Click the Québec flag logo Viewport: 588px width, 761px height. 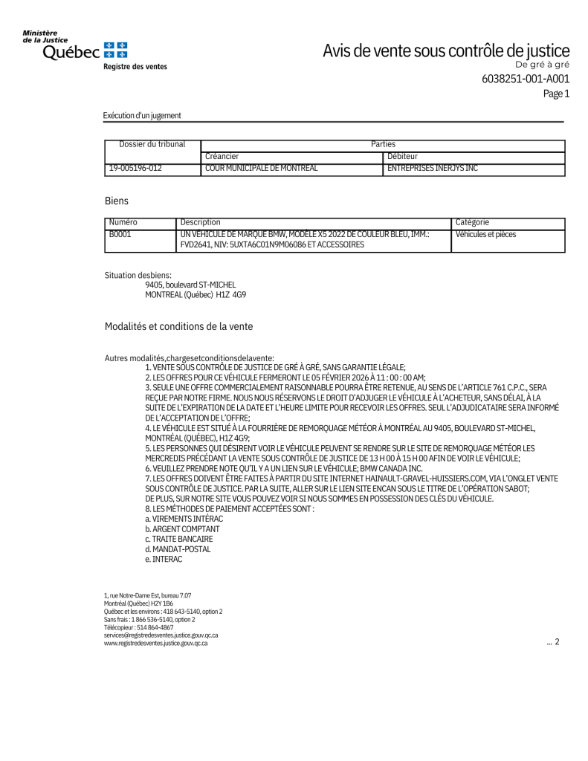click(115, 50)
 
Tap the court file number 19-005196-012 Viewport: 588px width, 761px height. click(135, 169)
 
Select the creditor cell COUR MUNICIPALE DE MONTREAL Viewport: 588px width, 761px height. click(261, 169)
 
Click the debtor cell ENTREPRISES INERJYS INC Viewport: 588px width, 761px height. click(433, 169)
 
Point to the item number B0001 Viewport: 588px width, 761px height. click(120, 234)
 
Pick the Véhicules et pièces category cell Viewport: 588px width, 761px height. click(485, 234)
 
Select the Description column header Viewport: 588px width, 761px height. click(201, 222)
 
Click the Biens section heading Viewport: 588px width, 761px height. click(117, 201)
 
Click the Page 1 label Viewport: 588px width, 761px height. click(556, 94)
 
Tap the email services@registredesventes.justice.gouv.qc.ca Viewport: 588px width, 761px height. click(161, 635)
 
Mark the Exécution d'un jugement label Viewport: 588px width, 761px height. click(142, 116)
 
